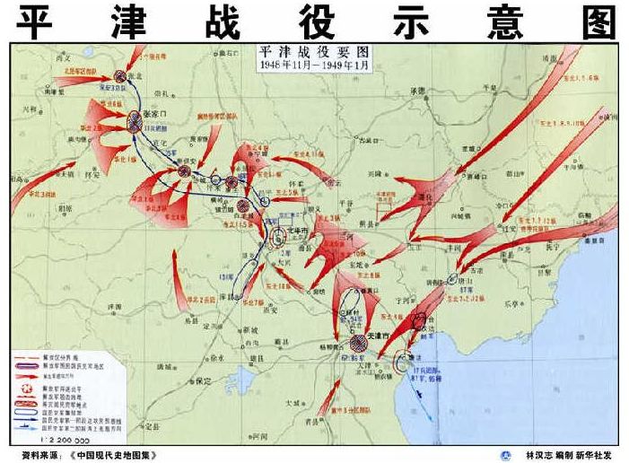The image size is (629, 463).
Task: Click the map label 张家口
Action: click(x=158, y=115)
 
